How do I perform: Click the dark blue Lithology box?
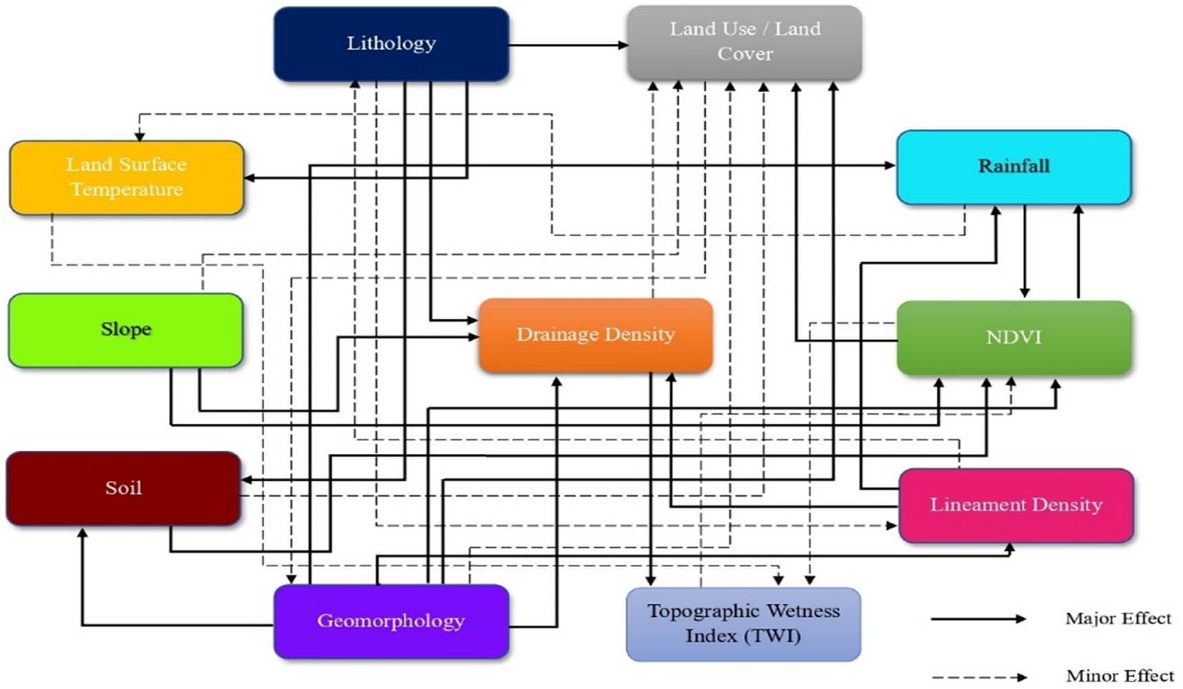(x=391, y=44)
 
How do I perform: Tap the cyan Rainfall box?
(x=1013, y=167)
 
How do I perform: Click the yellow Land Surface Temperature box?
(x=126, y=177)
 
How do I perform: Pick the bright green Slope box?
(x=126, y=330)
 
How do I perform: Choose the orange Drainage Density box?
(x=595, y=335)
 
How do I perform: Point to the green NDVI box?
(x=1013, y=337)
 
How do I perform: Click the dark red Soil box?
(x=124, y=488)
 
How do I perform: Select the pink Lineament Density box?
(x=1015, y=505)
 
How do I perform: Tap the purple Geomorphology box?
(x=391, y=621)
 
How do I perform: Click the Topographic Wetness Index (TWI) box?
(x=743, y=624)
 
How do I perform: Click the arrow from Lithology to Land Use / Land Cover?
(x=567, y=45)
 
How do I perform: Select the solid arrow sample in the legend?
(x=977, y=619)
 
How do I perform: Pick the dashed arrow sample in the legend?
(x=977, y=677)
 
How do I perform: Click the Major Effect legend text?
(x=1118, y=618)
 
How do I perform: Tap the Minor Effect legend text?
(x=1119, y=677)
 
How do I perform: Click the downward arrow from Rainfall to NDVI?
(x=1024, y=251)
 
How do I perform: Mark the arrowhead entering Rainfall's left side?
(x=890, y=165)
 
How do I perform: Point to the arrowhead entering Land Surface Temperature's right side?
(x=250, y=178)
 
